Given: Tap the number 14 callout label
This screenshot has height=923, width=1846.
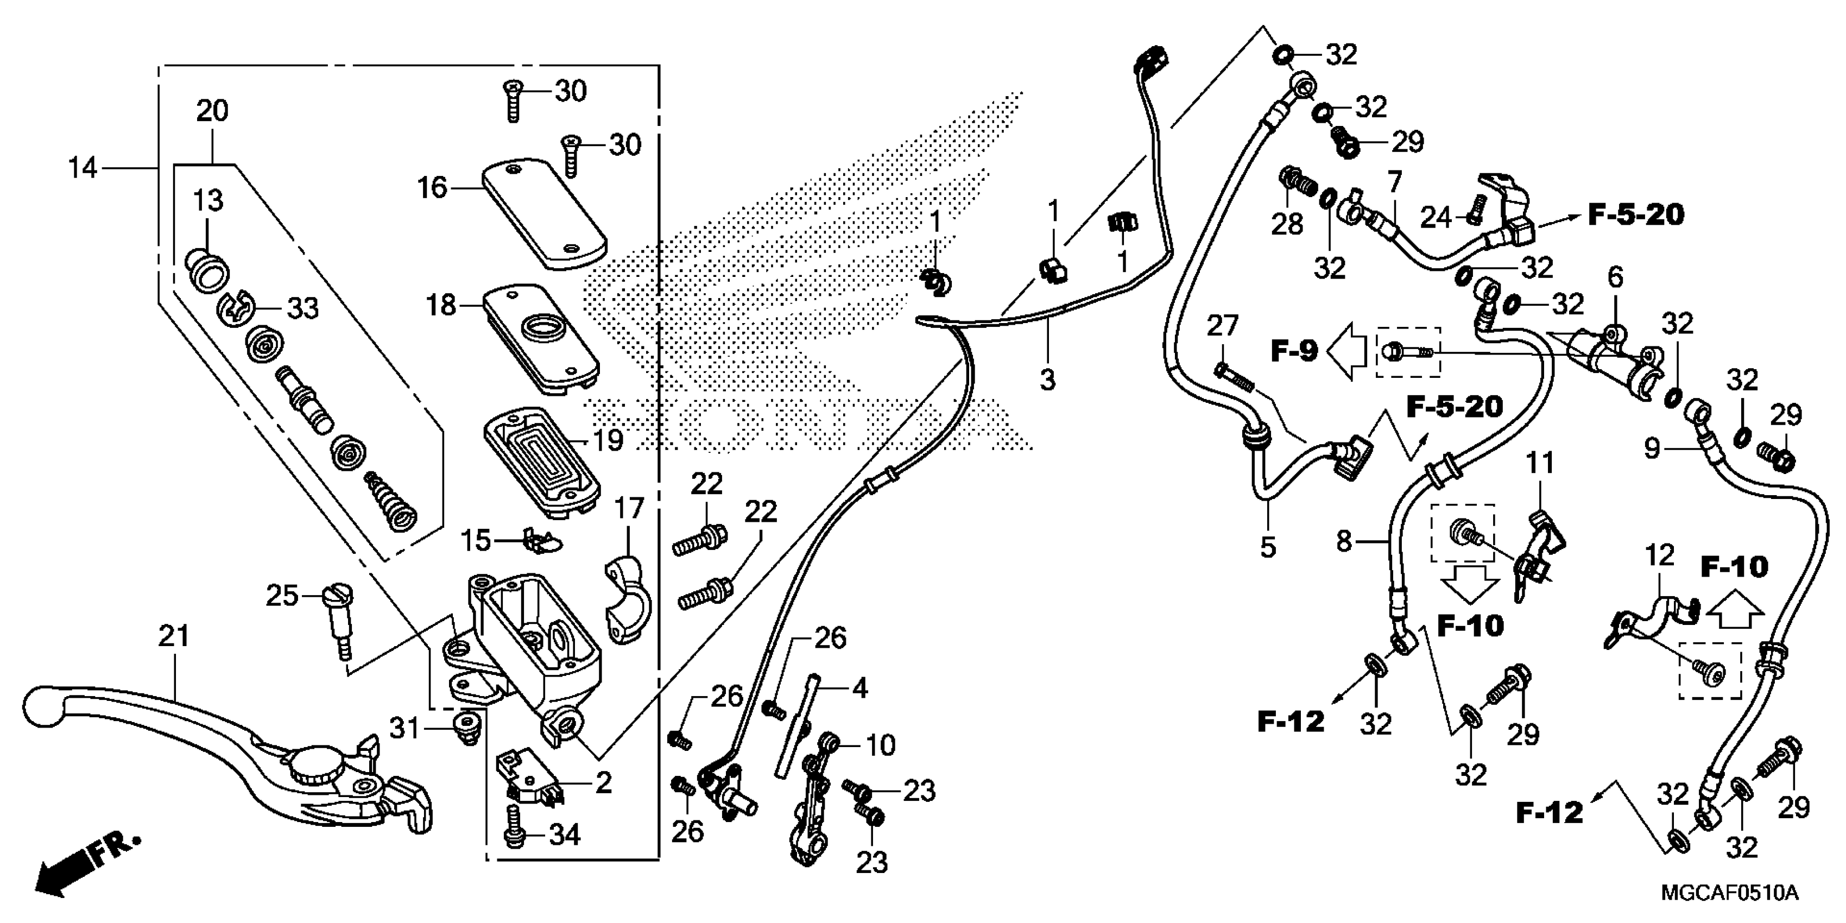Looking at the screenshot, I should click(x=83, y=168).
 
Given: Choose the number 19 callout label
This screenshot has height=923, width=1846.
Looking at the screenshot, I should click(x=608, y=440).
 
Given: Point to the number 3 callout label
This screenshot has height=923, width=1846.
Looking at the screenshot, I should click(x=1048, y=379).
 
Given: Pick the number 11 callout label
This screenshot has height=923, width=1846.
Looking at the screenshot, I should click(x=1540, y=464).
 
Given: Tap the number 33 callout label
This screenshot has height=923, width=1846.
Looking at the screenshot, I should click(x=302, y=309).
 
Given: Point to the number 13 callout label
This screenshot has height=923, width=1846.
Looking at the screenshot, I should click(x=208, y=201).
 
